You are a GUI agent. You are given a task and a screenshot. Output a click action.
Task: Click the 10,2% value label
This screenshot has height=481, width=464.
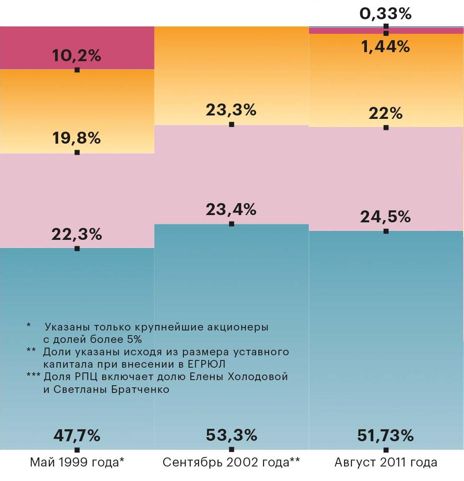coord(77,55)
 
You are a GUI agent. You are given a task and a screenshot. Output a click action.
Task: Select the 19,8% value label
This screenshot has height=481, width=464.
coord(77,138)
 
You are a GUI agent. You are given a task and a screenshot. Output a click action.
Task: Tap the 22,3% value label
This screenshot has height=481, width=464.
coord(77,234)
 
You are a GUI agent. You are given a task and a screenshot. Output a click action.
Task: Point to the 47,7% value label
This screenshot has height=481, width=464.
coord(77,435)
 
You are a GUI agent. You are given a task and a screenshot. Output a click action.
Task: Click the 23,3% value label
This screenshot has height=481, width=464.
coord(231,110)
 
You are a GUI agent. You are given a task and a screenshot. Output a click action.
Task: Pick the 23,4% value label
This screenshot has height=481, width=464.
coord(231,210)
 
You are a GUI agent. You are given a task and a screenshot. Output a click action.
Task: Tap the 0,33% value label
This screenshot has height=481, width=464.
coord(386,14)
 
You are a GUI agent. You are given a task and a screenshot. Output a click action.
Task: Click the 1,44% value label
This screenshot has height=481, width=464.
coord(386,46)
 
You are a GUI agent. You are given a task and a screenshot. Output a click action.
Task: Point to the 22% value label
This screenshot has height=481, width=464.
coord(386,113)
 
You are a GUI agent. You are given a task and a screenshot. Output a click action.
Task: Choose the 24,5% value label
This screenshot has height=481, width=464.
coord(386,217)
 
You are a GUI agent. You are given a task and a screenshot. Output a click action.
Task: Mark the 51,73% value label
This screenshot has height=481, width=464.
coord(386,435)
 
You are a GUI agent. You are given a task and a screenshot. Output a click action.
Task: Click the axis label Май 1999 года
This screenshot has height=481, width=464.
coord(77,462)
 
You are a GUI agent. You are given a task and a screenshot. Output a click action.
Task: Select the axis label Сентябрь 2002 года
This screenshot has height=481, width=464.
coord(231,462)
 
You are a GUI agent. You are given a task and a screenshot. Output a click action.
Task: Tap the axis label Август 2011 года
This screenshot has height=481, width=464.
coord(386,462)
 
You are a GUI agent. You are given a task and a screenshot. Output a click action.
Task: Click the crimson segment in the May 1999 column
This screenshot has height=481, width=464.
coord(26,47)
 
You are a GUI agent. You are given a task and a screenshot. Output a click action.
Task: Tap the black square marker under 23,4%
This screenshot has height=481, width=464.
coord(231,224)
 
